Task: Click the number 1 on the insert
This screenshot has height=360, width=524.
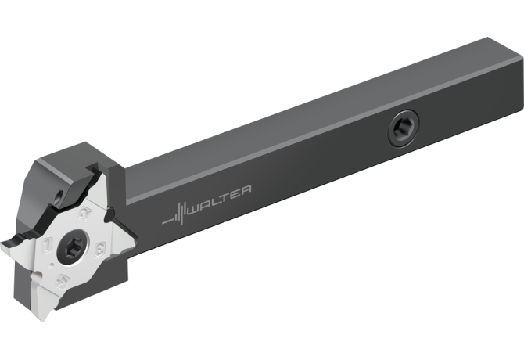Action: (x=48, y=246)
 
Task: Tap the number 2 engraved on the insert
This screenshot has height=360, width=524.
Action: (x=85, y=213)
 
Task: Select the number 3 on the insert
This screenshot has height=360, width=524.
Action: (x=100, y=250)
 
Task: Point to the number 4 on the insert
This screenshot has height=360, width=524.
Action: (x=62, y=280)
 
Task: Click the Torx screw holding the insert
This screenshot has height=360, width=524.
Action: (x=73, y=248)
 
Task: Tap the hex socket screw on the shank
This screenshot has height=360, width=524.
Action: (x=404, y=128)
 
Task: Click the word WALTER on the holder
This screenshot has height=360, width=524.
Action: (x=220, y=200)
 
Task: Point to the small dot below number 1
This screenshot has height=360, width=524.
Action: (x=51, y=266)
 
